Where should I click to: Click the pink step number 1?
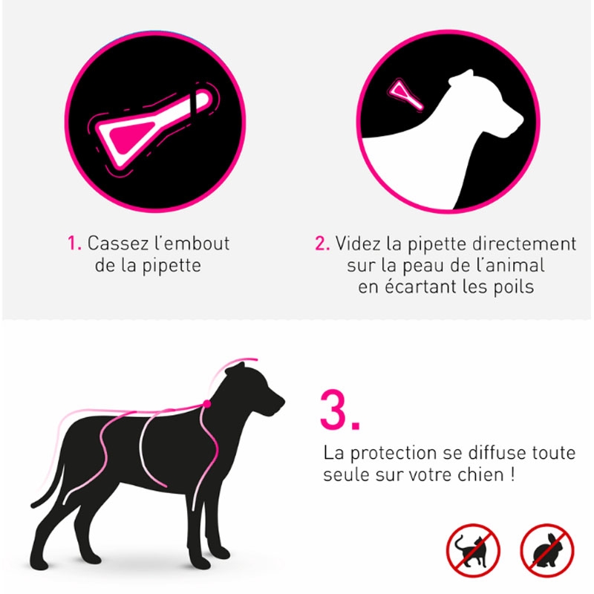coord(73,243)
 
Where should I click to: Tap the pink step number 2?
coord(322,244)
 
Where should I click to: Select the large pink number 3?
coord(339,410)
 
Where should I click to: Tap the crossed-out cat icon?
coord(472,550)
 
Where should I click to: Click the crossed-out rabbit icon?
coord(546,550)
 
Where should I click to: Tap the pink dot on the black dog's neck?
coord(207,404)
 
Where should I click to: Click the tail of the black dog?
coord(49,489)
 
